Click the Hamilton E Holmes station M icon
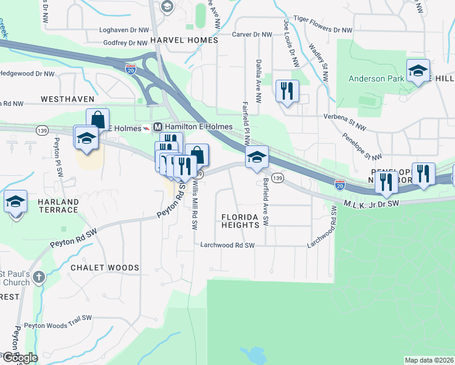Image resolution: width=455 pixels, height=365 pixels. click(x=158, y=127)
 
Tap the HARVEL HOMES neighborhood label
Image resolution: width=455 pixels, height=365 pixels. click(x=184, y=40)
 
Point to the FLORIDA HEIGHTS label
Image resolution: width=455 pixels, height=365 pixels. click(x=240, y=221)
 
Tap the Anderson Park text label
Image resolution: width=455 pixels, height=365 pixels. click(x=375, y=78)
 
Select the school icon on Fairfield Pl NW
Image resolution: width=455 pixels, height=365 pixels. click(x=257, y=157)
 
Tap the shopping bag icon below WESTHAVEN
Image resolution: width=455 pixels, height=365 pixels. click(x=97, y=119)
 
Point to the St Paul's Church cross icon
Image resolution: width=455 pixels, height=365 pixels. click(x=38, y=278)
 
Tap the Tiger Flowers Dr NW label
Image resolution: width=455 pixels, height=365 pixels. click(x=322, y=29)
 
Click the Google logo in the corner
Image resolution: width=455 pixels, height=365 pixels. click(x=20, y=358)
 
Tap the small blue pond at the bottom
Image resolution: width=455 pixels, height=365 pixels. click(x=251, y=355)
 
